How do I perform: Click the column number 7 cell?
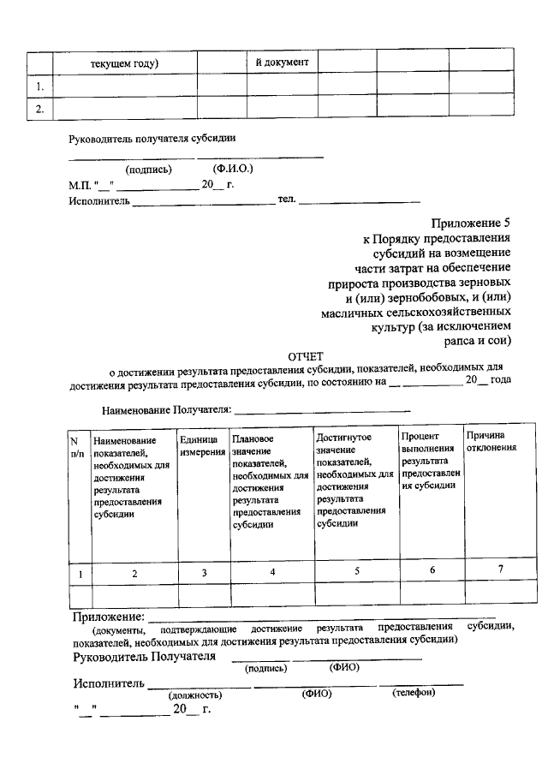coord(500,570)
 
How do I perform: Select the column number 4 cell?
coord(272,572)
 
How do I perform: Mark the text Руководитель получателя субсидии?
coord(152,138)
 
